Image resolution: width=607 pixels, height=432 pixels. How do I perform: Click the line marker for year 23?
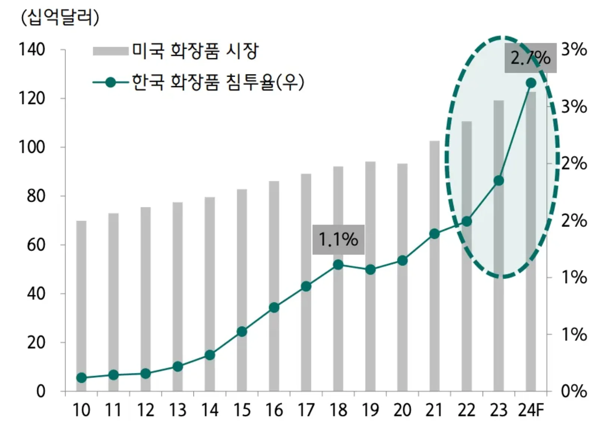point(498,181)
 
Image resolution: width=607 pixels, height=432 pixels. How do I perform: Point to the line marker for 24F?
point(531,83)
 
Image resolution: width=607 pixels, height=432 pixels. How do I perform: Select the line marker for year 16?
point(274,308)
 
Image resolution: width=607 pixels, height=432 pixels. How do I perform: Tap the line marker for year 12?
point(146,373)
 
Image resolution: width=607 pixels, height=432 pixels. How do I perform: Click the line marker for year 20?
point(402,260)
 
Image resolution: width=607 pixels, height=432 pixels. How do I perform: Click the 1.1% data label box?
point(338,240)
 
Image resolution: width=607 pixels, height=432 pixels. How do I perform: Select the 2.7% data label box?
point(530,58)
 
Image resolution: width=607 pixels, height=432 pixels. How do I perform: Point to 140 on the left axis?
point(32,50)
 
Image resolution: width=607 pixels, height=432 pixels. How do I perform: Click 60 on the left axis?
point(36,245)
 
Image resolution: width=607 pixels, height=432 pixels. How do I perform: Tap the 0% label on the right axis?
point(574,391)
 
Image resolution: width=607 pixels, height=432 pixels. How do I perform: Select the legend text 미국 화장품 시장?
point(195,51)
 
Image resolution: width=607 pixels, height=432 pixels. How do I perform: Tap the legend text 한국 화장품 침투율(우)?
point(218,82)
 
